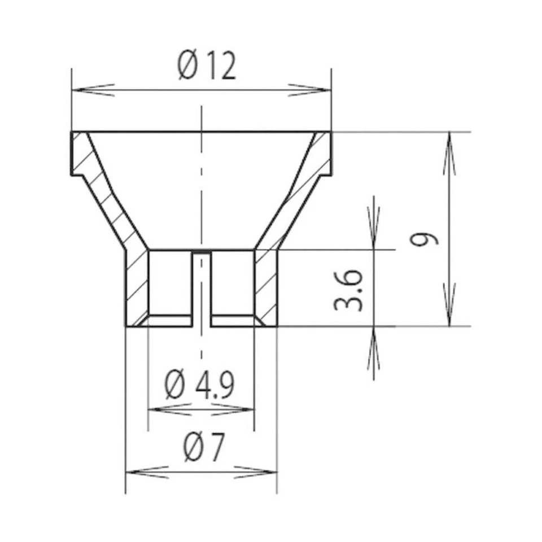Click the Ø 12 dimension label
click(x=207, y=67)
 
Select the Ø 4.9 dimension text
click(x=200, y=385)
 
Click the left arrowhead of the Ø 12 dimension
click(x=93, y=90)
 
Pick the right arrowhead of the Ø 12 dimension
click(x=309, y=90)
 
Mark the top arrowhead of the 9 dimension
click(x=449, y=152)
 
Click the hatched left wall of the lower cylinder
click(x=136, y=288)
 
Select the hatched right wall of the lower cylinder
click(x=266, y=288)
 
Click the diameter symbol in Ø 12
click(x=187, y=67)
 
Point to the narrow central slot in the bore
click(x=201, y=288)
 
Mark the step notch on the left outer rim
click(x=78, y=176)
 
